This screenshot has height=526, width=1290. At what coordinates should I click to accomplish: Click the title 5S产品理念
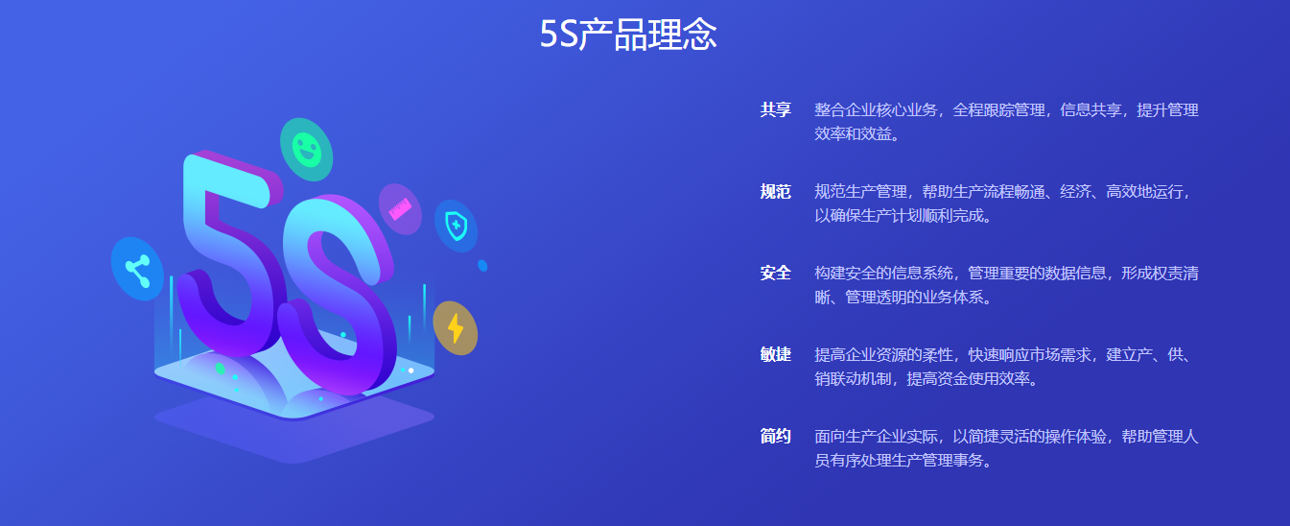[628, 35]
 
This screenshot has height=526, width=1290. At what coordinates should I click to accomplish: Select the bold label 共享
[775, 109]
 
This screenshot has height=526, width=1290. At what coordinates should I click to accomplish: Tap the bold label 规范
[775, 191]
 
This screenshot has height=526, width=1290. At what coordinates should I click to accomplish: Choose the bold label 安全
[775, 273]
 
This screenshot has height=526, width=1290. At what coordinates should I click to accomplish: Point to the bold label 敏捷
[775, 354]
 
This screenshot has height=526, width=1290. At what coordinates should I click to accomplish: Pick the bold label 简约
[775, 436]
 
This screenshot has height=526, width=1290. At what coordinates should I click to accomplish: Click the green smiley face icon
[306, 150]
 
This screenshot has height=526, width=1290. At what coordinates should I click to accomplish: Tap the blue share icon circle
[138, 269]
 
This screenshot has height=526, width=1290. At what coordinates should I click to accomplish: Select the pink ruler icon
[400, 209]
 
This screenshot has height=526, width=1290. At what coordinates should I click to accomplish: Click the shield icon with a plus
[457, 226]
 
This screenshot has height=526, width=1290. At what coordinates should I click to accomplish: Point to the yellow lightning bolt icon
[455, 328]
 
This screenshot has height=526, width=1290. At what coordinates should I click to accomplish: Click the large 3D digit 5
[230, 253]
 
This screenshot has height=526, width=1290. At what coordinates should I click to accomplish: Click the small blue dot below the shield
[482, 266]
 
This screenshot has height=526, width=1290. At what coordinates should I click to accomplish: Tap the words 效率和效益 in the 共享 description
[853, 133]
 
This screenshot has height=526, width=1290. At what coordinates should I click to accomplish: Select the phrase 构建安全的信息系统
[883, 273]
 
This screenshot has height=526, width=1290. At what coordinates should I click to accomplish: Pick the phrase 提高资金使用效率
[968, 378]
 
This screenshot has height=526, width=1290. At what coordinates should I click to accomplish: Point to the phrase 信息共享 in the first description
[1091, 109]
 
